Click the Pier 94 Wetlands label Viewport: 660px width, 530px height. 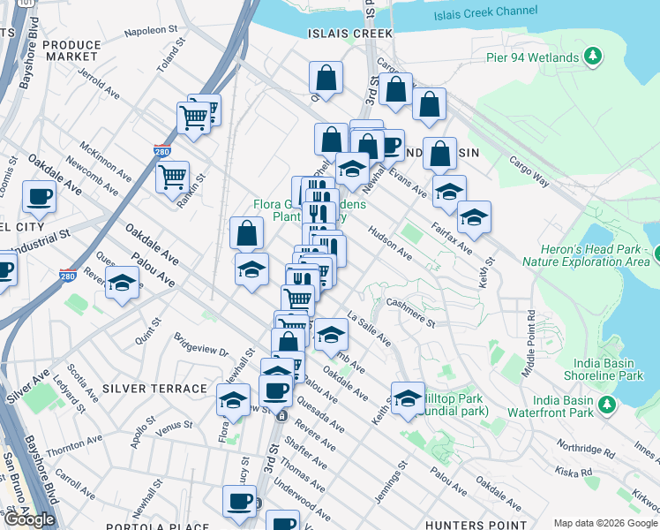pos(532,57)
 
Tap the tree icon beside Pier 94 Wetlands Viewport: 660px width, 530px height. pos(594,57)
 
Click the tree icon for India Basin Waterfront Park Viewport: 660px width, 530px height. pos(607,405)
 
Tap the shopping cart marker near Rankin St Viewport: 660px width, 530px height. pos(172,176)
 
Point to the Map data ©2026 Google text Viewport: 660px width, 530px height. pos(604,523)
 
